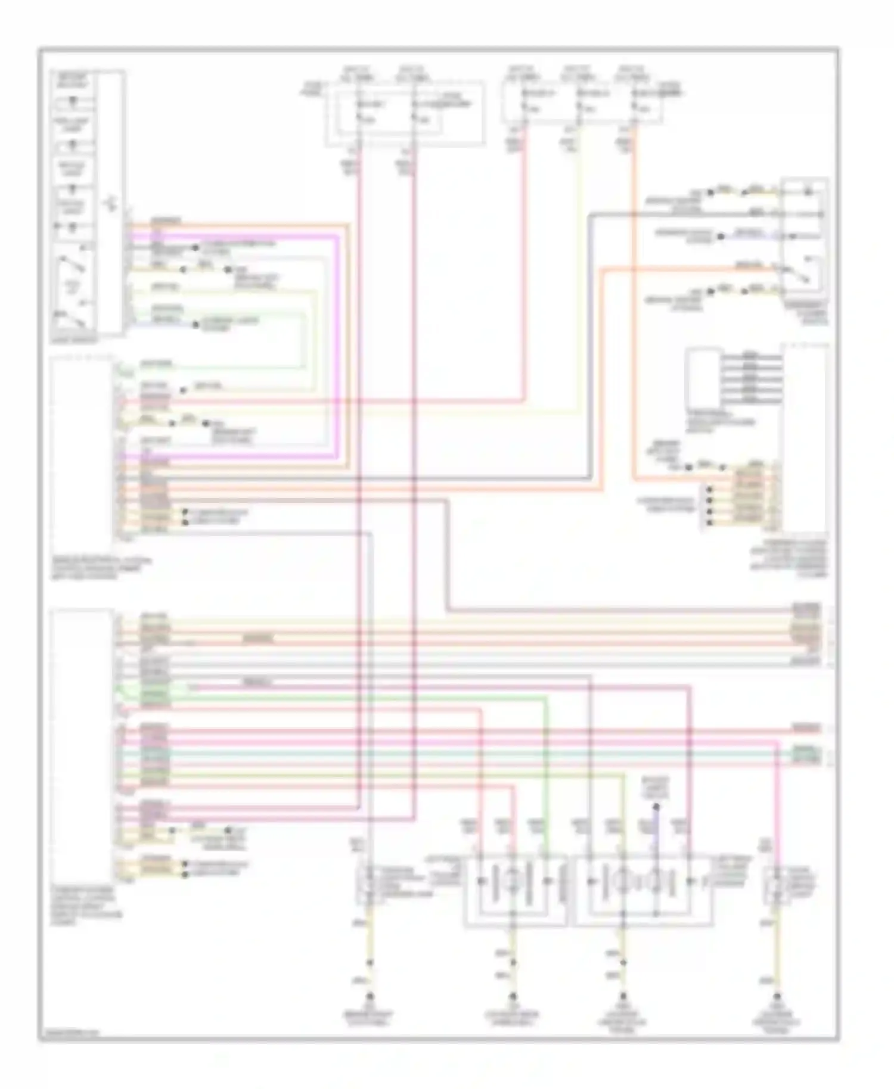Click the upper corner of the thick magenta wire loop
[x=339, y=235]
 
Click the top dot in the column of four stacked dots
[x=709, y=490]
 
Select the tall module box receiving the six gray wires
[x=805, y=438]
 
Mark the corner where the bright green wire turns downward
[x=546, y=697]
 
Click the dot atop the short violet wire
[x=656, y=807]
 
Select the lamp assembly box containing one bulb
[x=516, y=891]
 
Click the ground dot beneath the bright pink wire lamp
[x=777, y=996]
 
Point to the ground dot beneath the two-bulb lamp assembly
[x=623, y=996]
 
